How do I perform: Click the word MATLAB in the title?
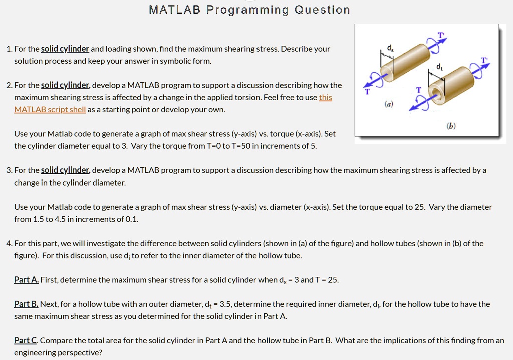point(174,10)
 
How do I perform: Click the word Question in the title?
point(322,10)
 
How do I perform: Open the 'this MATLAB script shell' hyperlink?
point(173,103)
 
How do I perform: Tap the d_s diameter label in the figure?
point(390,49)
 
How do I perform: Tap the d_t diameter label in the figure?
point(440,67)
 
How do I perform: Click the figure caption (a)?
point(389,104)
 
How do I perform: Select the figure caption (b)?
point(451,126)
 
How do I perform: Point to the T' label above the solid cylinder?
point(442,35)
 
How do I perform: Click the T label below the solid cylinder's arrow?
point(367,92)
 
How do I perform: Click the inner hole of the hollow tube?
point(436,91)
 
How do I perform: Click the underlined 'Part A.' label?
point(27,280)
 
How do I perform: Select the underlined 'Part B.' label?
point(26,304)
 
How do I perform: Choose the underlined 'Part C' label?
point(26,340)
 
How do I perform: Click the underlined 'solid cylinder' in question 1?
point(65,49)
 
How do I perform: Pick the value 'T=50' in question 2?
point(241,146)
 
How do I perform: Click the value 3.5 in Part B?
point(226,304)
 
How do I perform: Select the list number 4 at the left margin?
point(9,243)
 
